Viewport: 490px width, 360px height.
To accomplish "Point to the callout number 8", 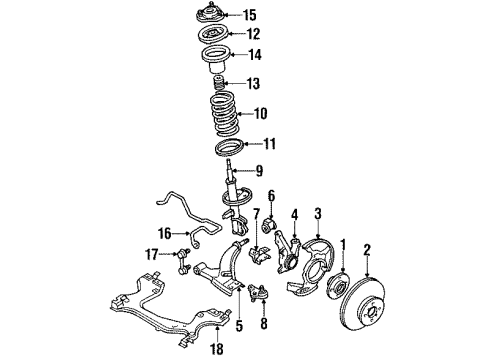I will coord(263,324).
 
